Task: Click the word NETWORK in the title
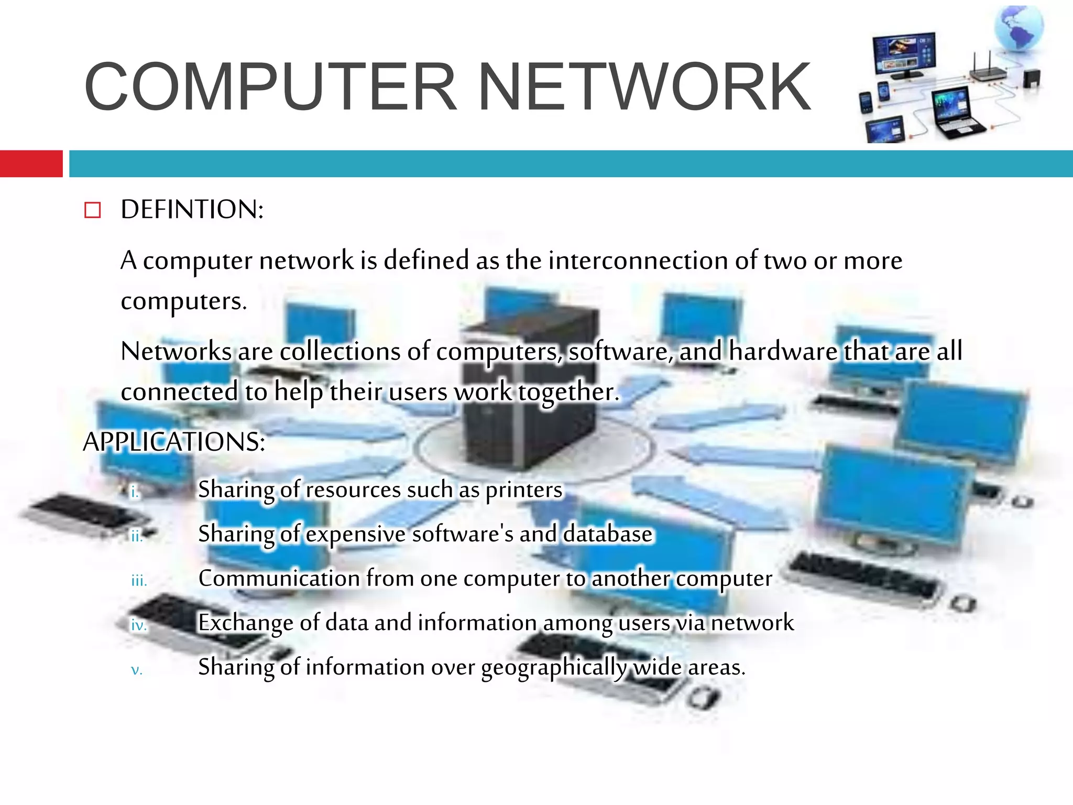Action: tap(644, 87)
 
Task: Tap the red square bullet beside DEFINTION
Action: tap(92, 210)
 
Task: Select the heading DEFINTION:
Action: tap(192, 210)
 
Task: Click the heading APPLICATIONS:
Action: tap(174, 442)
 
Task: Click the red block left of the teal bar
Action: tap(31, 164)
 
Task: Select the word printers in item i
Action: tap(524, 490)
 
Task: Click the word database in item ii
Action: tap(608, 534)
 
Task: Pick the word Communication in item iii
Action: tap(279, 579)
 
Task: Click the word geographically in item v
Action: tap(554, 668)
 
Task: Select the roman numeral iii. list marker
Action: tap(139, 581)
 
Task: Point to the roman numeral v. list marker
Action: tap(136, 670)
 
